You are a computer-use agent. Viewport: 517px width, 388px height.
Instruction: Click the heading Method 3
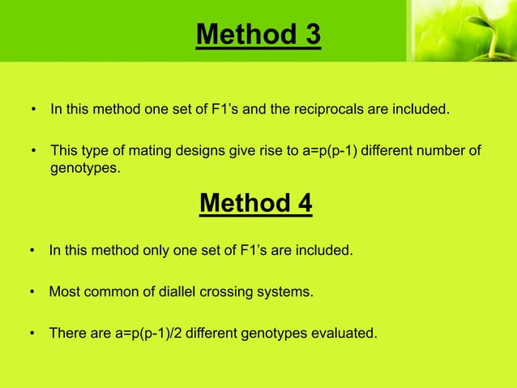[258, 35]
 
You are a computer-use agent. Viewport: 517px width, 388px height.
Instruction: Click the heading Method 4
[255, 202]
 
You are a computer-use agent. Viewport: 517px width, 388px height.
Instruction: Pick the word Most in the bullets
[63, 291]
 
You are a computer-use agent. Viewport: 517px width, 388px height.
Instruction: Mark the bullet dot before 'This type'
[34, 152]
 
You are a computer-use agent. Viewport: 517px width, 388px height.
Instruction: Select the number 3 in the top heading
[313, 35]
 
